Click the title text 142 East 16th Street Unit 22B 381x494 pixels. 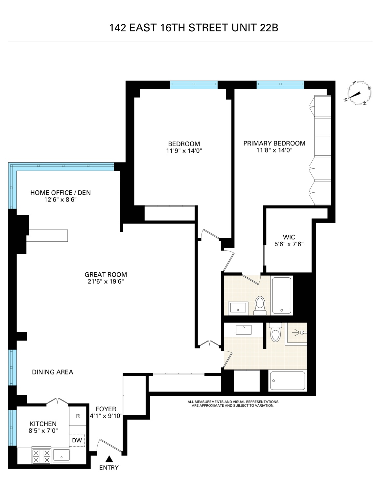[x=194, y=28]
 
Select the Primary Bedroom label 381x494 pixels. [x=274, y=143]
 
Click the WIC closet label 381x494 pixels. [x=289, y=237]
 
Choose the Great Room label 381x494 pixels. [x=106, y=274]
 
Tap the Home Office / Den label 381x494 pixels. [x=60, y=193]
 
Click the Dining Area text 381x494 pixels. [x=53, y=372]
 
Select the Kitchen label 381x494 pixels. [x=43, y=424]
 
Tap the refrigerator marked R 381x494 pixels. [x=78, y=416]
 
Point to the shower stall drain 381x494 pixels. [x=302, y=333]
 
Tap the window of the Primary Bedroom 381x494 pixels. [x=280, y=85]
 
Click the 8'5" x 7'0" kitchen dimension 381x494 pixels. [x=43, y=430]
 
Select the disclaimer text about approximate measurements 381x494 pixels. [x=233, y=404]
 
